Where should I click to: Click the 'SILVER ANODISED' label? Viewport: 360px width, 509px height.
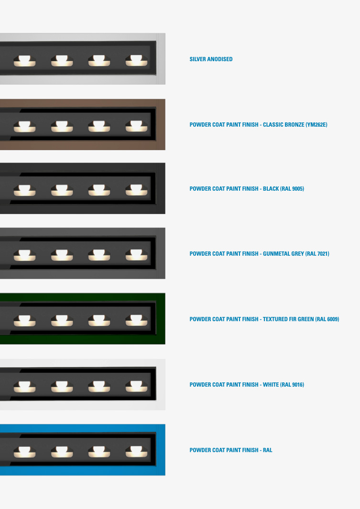pyautogui.click(x=211, y=59)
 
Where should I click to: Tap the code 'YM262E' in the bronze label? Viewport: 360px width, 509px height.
pyautogui.click(x=316, y=125)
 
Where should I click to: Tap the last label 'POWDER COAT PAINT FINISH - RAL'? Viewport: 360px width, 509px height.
pyautogui.click(x=231, y=450)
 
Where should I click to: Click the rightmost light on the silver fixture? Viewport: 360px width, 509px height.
pyautogui.click(x=137, y=61)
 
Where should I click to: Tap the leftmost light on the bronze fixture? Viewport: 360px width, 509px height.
pyautogui.click(x=25, y=126)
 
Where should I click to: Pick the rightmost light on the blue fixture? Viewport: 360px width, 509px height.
pyautogui.click(x=137, y=452)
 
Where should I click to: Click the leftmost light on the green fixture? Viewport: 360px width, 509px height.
pyautogui.click(x=25, y=321)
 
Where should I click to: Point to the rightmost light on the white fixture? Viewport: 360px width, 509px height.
pyautogui.click(x=137, y=386)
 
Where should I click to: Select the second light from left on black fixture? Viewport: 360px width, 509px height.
pyautogui.click(x=62, y=190)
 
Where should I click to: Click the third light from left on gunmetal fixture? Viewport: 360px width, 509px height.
pyautogui.click(x=99, y=255)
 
